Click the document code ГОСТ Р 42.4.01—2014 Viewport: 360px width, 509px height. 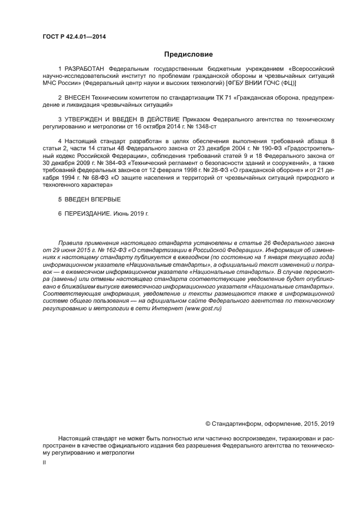click(74, 36)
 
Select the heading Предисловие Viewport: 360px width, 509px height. click(188, 54)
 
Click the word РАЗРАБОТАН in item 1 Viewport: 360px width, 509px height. click(84, 69)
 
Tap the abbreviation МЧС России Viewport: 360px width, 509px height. click(59, 83)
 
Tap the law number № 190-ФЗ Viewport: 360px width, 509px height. click(243, 147)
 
